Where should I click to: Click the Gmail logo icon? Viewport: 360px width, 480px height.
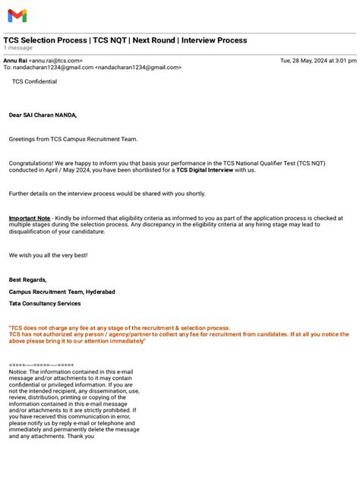click(x=17, y=15)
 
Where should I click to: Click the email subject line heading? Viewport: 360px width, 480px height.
click(x=125, y=40)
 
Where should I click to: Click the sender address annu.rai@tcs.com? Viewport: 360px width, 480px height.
click(x=55, y=60)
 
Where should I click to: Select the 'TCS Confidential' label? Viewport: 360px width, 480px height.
click(x=34, y=81)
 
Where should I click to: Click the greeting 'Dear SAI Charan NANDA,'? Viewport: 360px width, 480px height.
click(x=43, y=115)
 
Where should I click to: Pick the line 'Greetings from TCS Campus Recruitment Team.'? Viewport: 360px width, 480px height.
click(x=74, y=140)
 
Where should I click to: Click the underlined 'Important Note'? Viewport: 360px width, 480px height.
click(x=30, y=218)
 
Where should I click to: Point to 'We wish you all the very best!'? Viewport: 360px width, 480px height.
click(x=48, y=255)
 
